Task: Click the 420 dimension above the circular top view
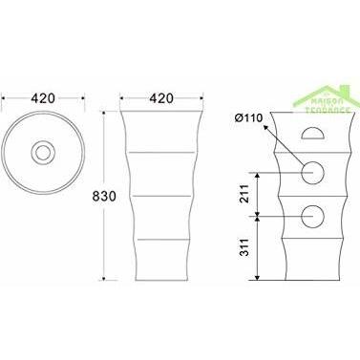[x=43, y=98]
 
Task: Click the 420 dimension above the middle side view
[x=161, y=98]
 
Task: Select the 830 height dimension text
[x=104, y=197]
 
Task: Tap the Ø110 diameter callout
[x=248, y=118]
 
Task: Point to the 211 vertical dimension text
[x=244, y=194]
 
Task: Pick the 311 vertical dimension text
[x=244, y=247]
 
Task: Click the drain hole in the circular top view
[x=43, y=153]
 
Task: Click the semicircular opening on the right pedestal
[x=313, y=134]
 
